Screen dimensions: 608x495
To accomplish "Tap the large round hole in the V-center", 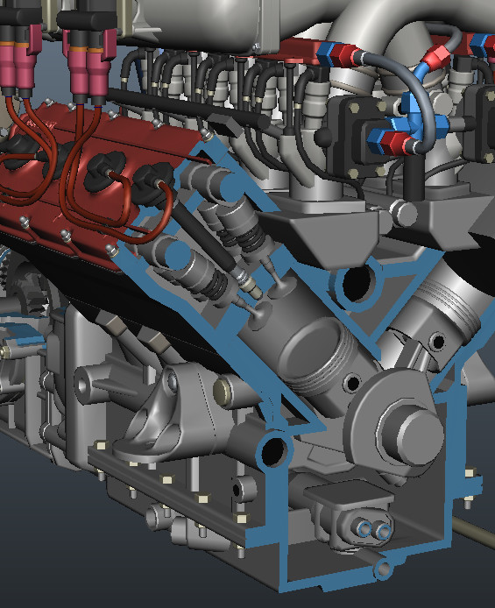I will (x=358, y=282).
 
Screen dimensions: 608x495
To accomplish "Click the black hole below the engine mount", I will (x=272, y=449).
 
